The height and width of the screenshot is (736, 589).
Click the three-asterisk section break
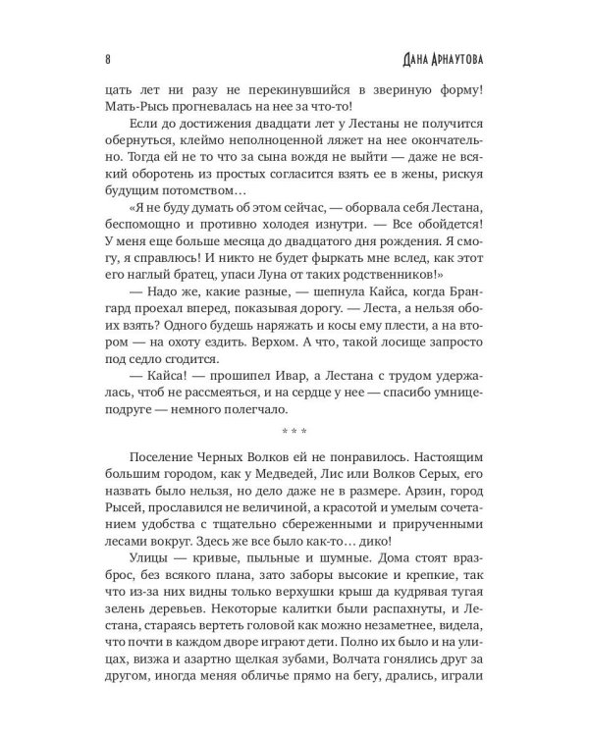[294, 430]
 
